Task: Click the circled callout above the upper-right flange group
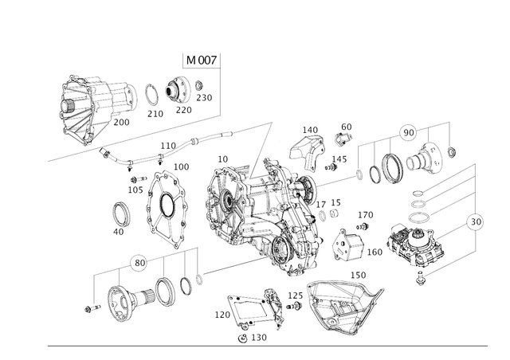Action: (407, 129)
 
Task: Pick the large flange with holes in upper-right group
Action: (431, 158)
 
